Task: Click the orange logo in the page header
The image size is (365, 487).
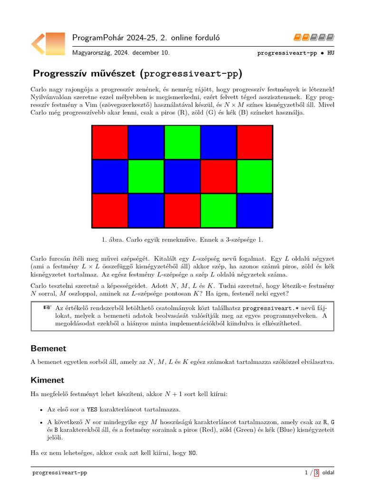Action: point(48,43)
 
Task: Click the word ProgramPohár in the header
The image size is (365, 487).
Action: point(94,38)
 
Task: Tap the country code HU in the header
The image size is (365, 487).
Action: point(331,53)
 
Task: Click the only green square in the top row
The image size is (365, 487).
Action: point(182,142)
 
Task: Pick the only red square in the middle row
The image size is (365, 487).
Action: point(219,176)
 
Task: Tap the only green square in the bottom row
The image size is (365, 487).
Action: point(219,211)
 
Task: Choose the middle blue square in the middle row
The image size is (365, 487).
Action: point(182,176)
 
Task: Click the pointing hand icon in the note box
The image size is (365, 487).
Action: point(47,308)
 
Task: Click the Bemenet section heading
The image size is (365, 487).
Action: point(48,349)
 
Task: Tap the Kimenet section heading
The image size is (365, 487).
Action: point(48,380)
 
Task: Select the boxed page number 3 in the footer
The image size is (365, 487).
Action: point(317,473)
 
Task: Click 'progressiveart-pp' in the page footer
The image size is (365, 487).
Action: point(59,473)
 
